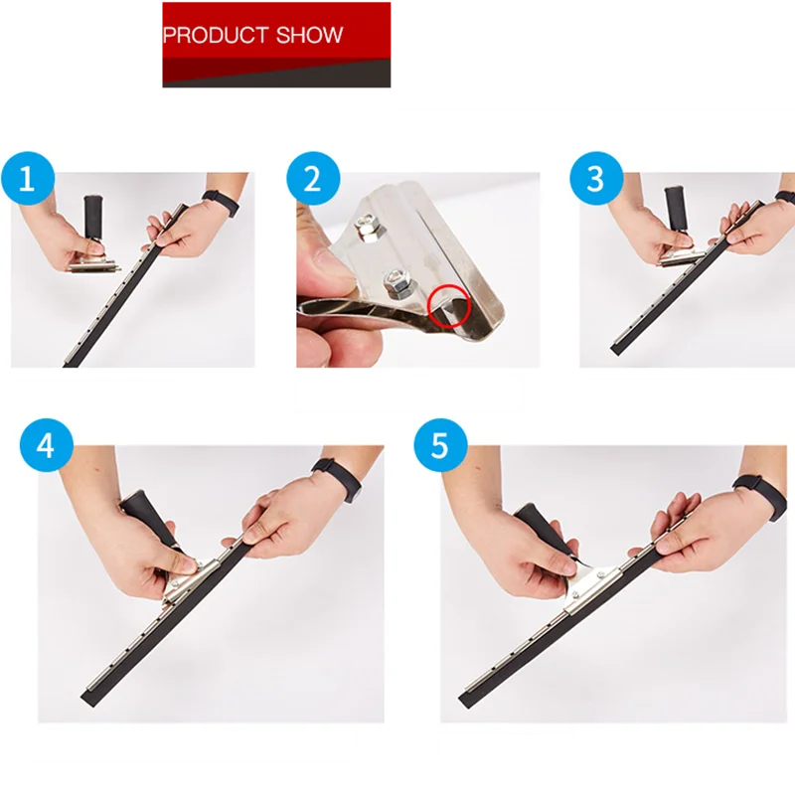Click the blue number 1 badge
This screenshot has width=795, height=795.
tap(27, 179)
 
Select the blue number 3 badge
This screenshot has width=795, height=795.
tap(595, 179)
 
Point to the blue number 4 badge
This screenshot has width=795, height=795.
tap(46, 445)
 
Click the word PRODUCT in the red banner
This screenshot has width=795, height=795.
tap(211, 36)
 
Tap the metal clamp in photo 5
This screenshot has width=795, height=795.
tap(587, 586)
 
